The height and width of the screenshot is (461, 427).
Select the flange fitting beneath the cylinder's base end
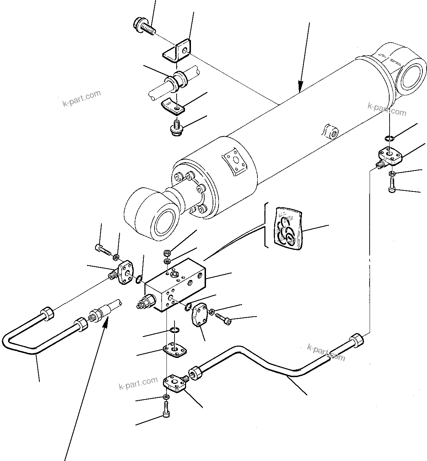390,156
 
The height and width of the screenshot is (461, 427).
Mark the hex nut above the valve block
167,252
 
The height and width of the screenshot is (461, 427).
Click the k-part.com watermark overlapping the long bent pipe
326,352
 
